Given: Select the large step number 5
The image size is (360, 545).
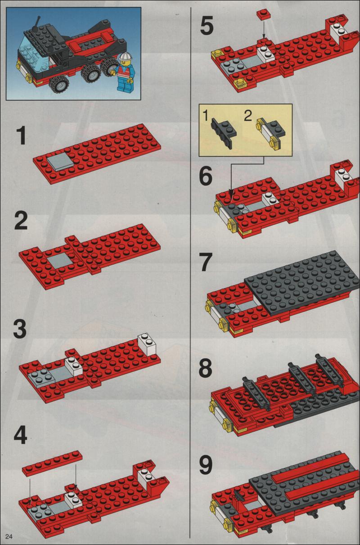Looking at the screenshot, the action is click(x=207, y=25).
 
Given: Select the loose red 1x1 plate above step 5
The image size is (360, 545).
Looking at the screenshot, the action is click(x=263, y=14).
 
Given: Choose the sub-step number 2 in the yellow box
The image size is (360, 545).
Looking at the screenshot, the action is click(x=247, y=116).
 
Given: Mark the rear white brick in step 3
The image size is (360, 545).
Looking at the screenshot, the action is click(x=147, y=344).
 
